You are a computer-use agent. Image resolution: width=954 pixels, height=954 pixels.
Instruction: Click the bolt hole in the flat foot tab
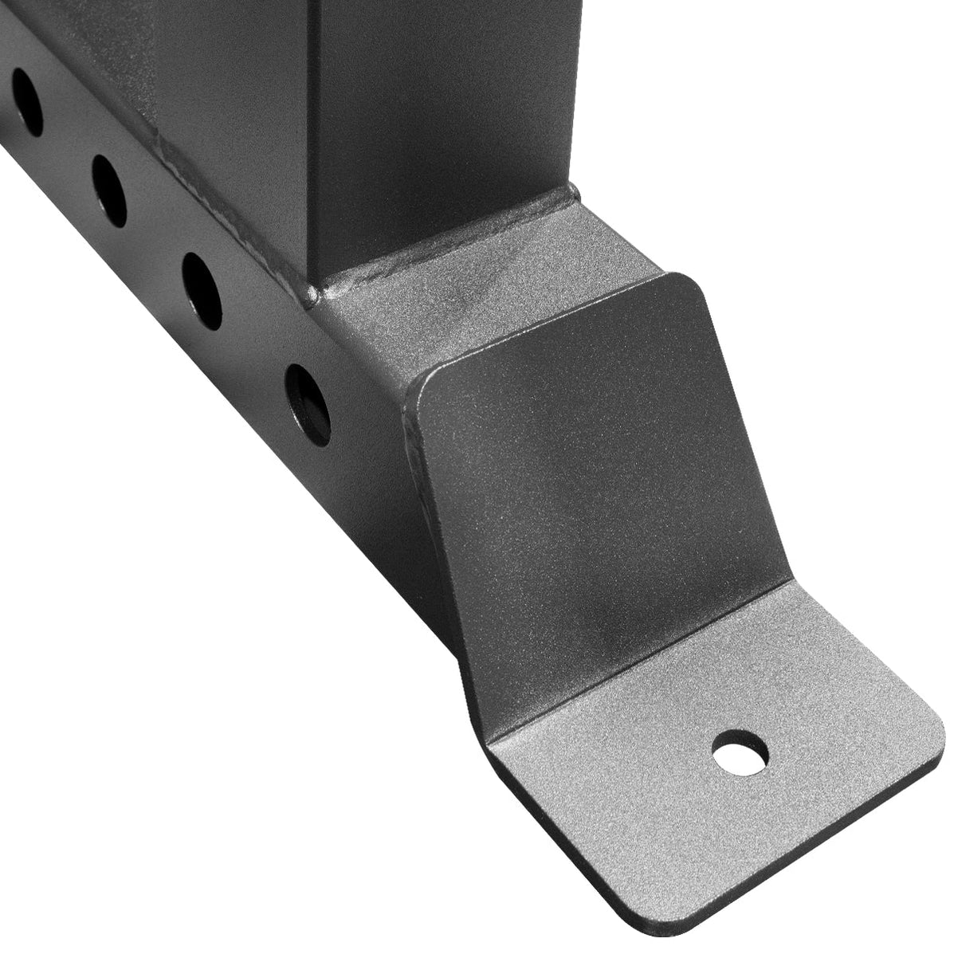click(x=740, y=751)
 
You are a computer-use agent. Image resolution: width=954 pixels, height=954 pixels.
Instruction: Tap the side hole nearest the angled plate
click(x=308, y=404)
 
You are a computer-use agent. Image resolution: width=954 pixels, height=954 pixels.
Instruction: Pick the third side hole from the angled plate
click(x=109, y=190)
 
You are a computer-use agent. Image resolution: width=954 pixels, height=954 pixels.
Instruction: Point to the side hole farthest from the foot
click(x=27, y=101)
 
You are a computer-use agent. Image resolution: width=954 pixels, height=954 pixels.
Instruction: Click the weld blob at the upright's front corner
click(x=312, y=295)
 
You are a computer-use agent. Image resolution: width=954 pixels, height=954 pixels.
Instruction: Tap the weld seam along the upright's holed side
click(x=223, y=207)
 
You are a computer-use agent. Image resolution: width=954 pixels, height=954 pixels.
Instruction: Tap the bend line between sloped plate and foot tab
click(x=638, y=662)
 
